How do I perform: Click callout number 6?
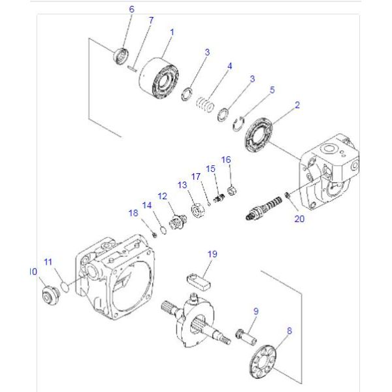(x=131, y=10)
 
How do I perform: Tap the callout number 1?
(x=172, y=31)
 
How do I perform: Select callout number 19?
(x=212, y=253)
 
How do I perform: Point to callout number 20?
(x=299, y=219)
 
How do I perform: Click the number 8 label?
(x=289, y=331)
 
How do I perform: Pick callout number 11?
(x=47, y=261)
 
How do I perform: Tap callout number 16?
(x=226, y=159)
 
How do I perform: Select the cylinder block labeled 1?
(x=158, y=78)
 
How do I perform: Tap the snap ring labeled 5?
(x=242, y=122)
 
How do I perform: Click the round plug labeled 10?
(x=48, y=295)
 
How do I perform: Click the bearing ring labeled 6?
(x=120, y=56)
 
